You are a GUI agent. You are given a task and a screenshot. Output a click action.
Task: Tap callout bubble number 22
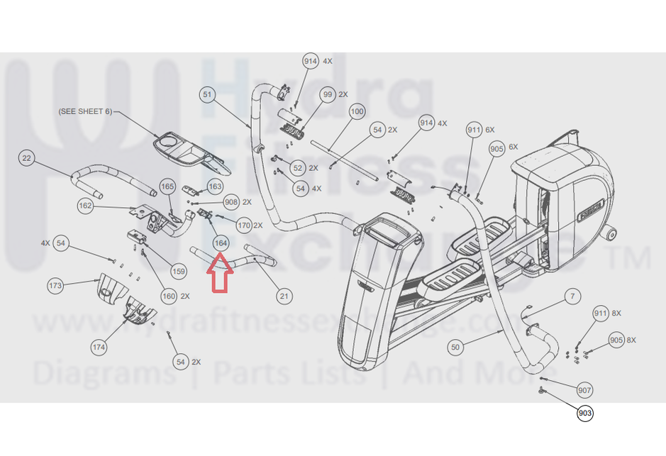coord(27,157)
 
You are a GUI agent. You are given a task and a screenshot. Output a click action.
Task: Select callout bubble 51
coord(207,94)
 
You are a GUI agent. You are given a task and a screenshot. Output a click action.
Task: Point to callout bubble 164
coord(221,243)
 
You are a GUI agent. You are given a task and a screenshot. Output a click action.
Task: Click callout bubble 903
coord(584,413)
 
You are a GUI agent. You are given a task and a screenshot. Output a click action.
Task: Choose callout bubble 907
coord(584,390)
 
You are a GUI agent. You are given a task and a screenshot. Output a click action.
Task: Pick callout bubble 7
coord(572,296)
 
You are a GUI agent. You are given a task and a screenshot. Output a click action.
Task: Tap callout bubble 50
coord(455,347)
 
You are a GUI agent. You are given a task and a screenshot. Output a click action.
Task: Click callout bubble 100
coord(357,111)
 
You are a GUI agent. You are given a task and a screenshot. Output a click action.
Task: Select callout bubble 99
coord(327,94)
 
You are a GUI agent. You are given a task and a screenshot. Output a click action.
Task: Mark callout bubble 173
coord(55,286)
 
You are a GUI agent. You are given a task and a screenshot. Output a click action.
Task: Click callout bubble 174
coord(99,347)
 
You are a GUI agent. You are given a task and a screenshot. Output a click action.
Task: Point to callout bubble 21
coord(284,296)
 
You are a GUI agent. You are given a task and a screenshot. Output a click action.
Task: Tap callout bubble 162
coord(85,206)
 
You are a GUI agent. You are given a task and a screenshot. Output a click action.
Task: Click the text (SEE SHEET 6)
coord(84,111)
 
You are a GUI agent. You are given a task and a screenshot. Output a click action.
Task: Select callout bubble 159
coord(179,271)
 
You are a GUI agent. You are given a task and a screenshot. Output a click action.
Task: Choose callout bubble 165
coord(167,187)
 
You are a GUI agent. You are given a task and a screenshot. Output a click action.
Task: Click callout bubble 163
coord(215,187)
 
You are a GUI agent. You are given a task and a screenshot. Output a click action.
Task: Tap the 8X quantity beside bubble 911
coord(616,313)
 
